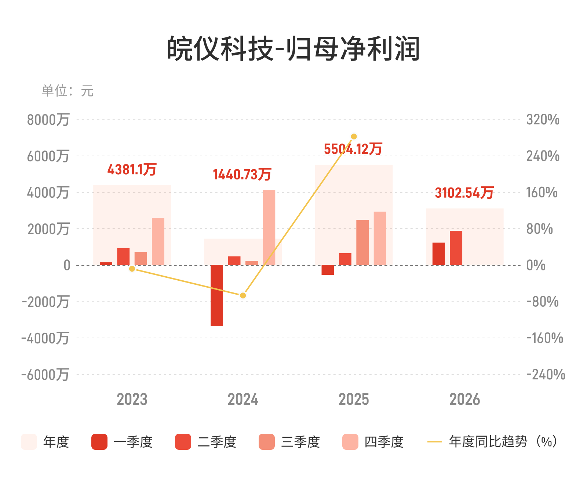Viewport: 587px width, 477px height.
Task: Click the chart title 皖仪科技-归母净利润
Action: point(293,48)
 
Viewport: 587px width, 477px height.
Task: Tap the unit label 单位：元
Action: point(68,91)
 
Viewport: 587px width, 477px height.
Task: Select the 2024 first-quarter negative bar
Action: point(216,295)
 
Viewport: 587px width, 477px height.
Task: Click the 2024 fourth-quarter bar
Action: point(269,227)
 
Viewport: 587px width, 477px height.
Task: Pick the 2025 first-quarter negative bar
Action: point(328,270)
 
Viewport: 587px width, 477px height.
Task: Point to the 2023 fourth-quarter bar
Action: point(158,241)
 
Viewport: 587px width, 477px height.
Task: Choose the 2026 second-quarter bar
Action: point(456,248)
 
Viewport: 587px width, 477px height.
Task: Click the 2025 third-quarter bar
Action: point(362,243)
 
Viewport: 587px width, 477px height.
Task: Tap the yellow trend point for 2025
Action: point(354,136)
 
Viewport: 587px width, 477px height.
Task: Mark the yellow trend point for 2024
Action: point(243,295)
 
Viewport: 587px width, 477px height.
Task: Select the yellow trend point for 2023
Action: point(132,269)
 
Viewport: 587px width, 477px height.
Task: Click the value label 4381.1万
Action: point(132,169)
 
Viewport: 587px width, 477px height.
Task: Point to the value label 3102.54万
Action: point(464,193)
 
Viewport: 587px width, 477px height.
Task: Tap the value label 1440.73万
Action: point(242,174)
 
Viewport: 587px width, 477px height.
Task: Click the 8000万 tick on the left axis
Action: point(48,120)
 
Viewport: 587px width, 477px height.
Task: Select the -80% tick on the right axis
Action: point(542,302)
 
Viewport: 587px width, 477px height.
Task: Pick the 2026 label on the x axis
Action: point(464,399)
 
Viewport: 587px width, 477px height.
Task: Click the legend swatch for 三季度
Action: point(266,442)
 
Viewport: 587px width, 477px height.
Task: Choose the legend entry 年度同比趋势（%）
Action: point(492,441)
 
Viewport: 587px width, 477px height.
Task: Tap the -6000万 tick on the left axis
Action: point(45,375)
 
